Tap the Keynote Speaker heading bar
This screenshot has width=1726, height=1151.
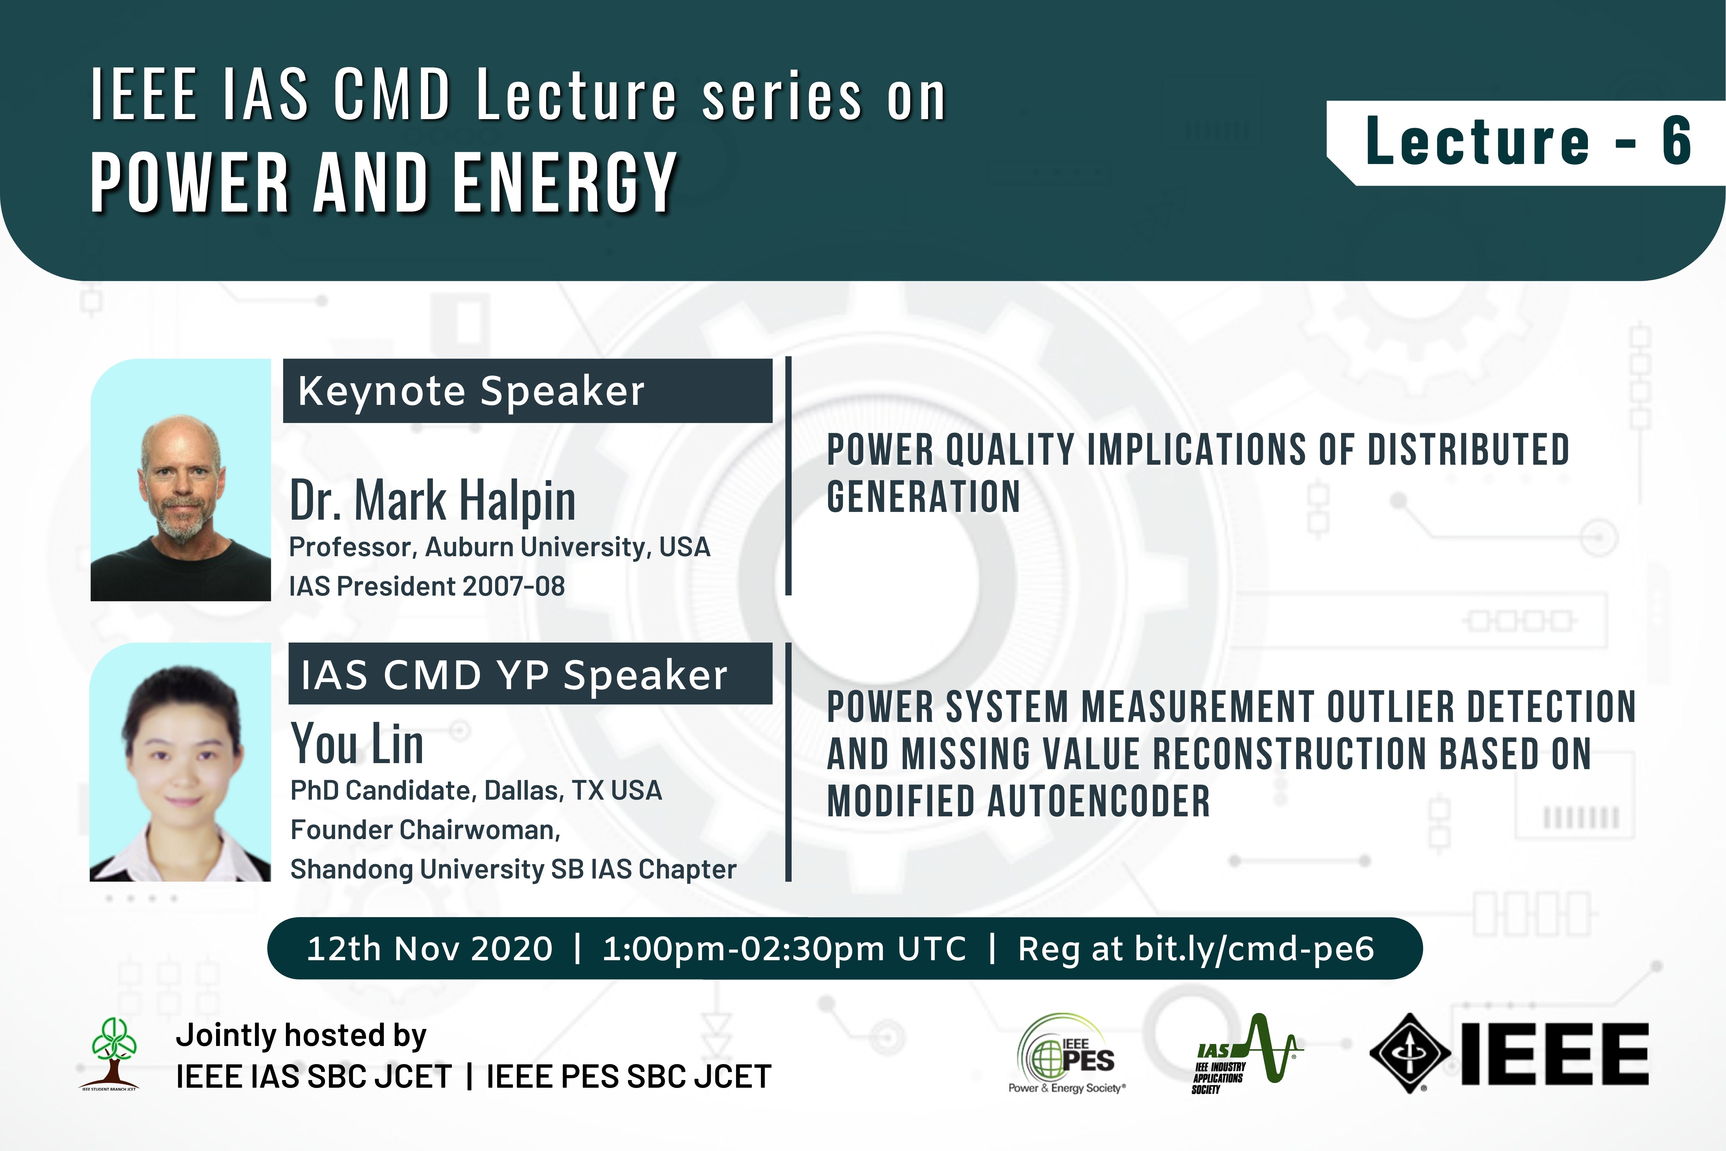[x=528, y=390]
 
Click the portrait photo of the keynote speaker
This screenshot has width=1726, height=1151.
[x=181, y=480]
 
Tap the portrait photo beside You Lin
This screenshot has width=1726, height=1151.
[x=181, y=762]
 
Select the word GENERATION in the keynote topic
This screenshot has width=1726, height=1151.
[x=923, y=496]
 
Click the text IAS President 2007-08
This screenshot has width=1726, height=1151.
[x=427, y=586]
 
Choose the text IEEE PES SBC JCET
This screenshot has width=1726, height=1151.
[x=629, y=1076]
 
